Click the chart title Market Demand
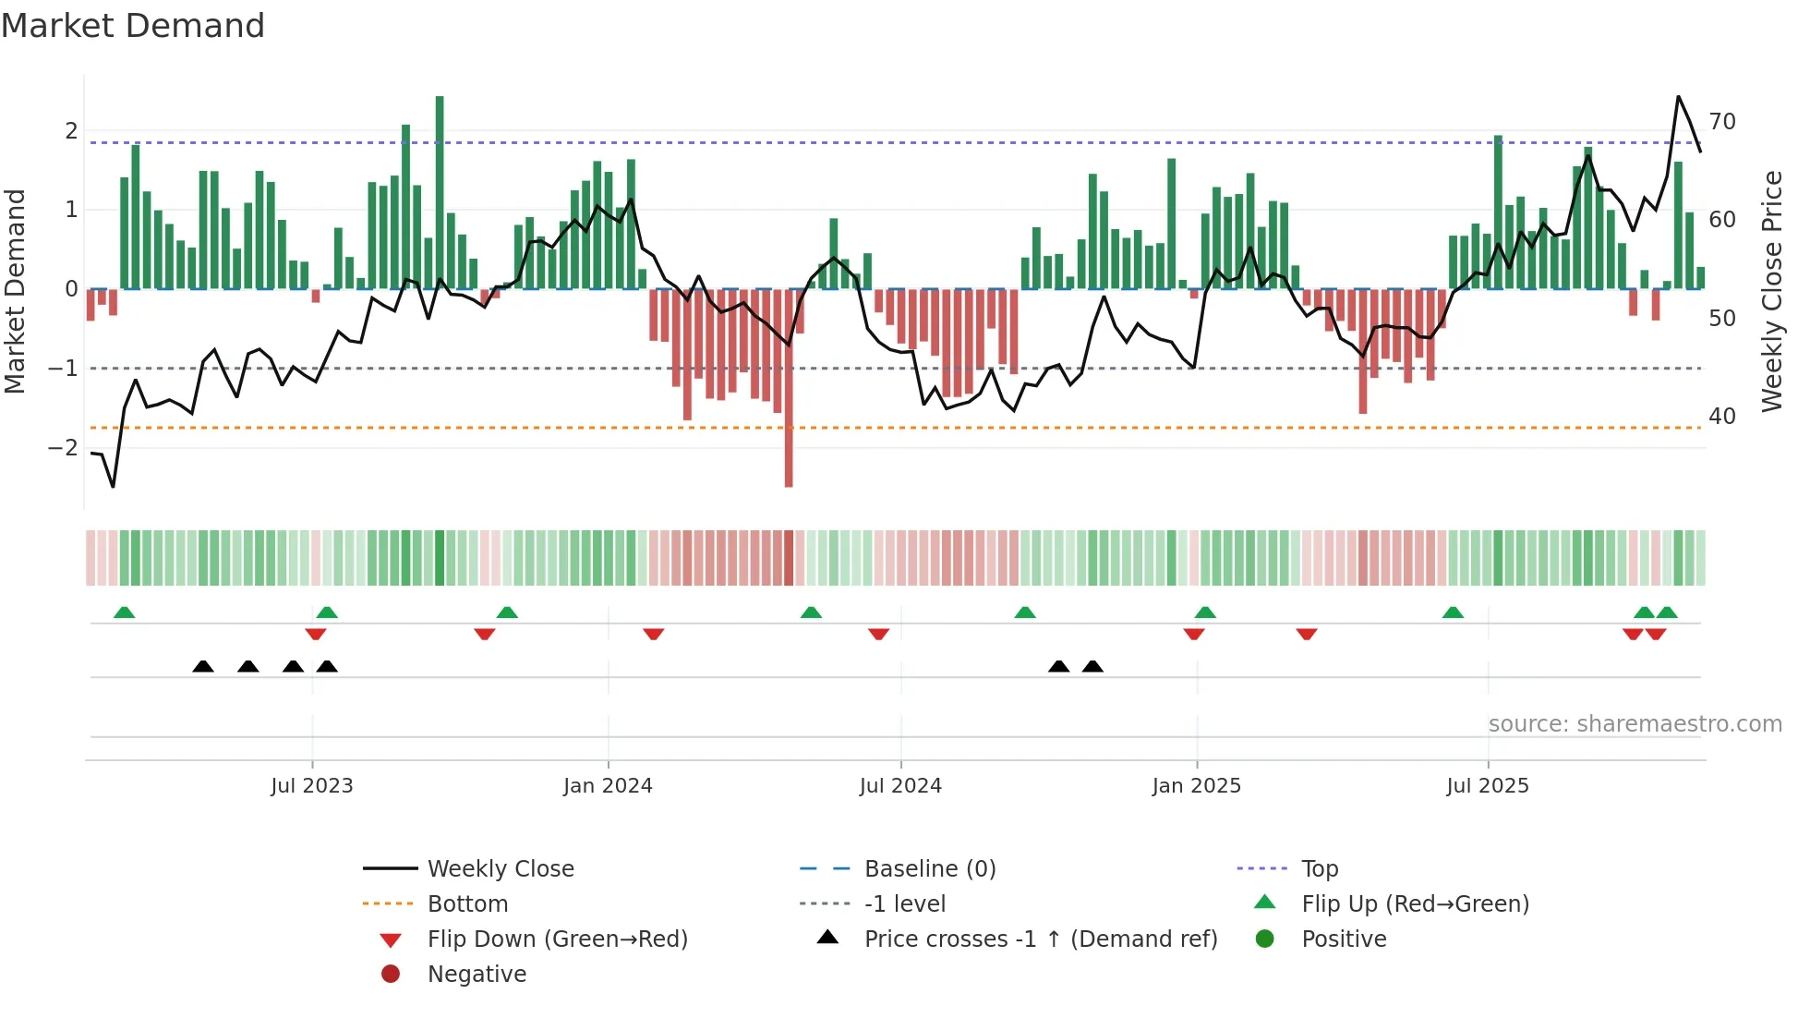[133, 26]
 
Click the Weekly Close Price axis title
[1771, 291]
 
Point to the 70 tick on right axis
[1722, 122]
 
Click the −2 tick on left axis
[63, 448]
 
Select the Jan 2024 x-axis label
[608, 786]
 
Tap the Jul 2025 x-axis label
[1488, 786]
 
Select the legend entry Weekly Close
[500, 869]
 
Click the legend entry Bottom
[467, 904]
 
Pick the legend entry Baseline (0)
[929, 869]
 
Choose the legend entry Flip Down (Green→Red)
[557, 939]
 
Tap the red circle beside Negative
[391, 975]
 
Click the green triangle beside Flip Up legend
[1265, 903]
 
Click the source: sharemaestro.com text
[1635, 724]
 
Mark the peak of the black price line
[1678, 97]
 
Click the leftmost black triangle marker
[203, 667]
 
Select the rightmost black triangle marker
[1092, 667]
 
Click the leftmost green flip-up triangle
[124, 612]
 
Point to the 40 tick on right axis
[1722, 417]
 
